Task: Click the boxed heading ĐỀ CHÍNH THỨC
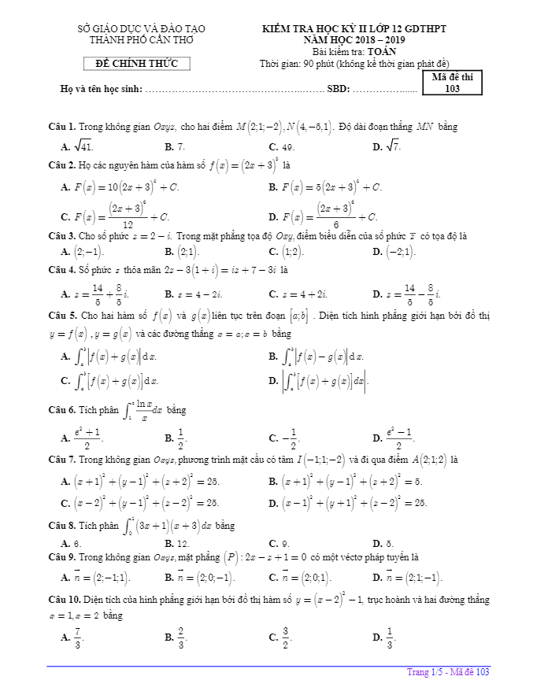[x=137, y=64]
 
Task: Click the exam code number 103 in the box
[x=452, y=89]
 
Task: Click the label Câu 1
[x=61, y=127]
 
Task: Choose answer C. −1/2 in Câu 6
[x=286, y=438]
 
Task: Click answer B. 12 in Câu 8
[x=180, y=543]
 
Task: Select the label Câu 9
[x=61, y=556]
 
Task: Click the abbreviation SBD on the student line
[x=338, y=89]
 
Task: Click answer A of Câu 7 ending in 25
[x=146, y=481]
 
